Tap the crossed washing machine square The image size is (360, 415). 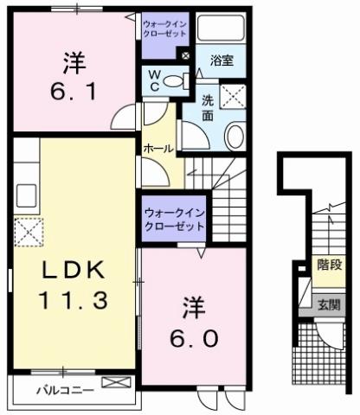pyautogui.click(x=234, y=95)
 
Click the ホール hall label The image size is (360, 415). pyautogui.click(x=157, y=149)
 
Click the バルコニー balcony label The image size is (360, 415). pyautogui.click(x=66, y=390)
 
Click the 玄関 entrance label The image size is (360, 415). pyautogui.click(x=328, y=303)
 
